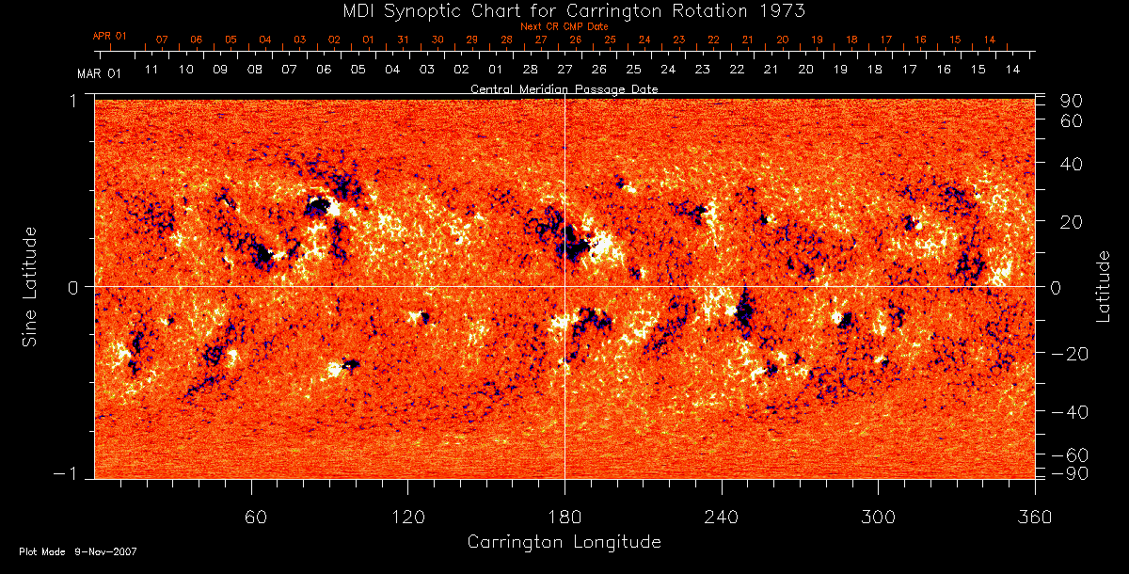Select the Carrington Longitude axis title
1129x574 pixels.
[x=564, y=542]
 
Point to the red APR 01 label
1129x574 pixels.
[x=109, y=36]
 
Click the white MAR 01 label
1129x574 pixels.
[x=100, y=72]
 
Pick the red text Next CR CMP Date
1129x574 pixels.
[x=564, y=26]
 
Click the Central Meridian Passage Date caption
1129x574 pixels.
[x=564, y=88]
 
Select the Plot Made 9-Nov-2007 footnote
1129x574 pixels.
[x=78, y=551]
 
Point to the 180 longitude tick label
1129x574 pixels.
[x=564, y=517]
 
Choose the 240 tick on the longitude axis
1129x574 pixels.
[x=722, y=517]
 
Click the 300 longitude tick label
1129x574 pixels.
[x=878, y=517]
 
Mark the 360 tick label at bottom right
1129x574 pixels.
[x=1034, y=517]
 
